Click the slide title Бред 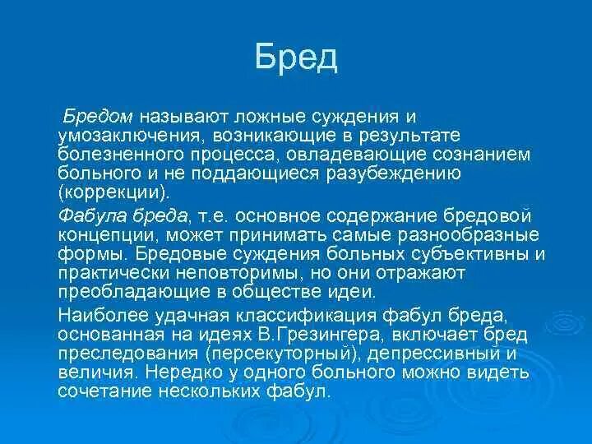pos(296,57)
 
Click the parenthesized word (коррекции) pos(113,192)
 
